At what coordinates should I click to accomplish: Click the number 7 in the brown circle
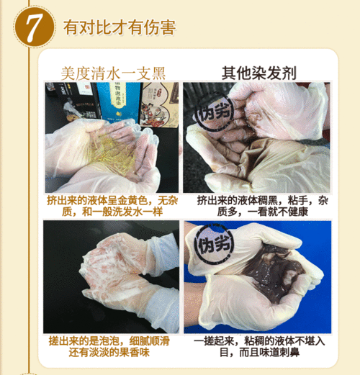tap(35, 27)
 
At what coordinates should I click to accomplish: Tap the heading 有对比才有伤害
tap(120, 27)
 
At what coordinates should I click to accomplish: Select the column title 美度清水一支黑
tap(113, 73)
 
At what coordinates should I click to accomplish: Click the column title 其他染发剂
tap(258, 73)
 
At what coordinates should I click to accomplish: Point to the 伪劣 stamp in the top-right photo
tap(215, 112)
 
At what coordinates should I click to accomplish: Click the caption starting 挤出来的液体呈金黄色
tap(112, 206)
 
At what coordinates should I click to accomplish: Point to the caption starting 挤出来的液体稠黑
tap(262, 206)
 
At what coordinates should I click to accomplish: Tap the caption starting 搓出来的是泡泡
tap(109, 346)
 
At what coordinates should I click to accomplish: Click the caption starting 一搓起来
tap(259, 346)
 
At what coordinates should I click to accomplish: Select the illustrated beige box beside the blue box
tap(159, 104)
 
